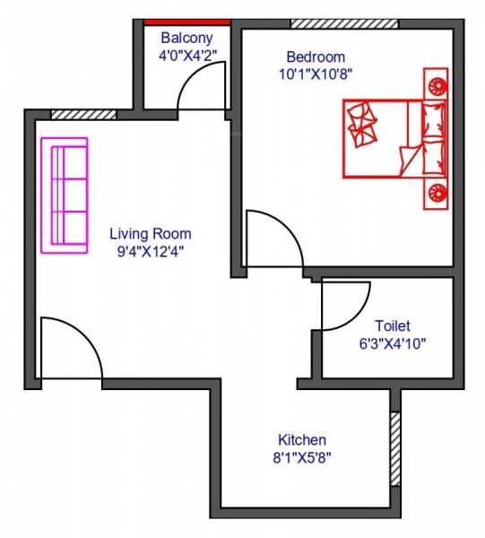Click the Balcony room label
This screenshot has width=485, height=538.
pos(186,38)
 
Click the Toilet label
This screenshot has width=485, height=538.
pos(393,325)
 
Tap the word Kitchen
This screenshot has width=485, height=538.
pos(301,440)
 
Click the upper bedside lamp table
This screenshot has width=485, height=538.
pos(437,86)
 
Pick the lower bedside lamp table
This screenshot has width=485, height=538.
pos(437,190)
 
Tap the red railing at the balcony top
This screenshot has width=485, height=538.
pos(186,22)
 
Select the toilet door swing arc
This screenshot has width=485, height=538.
pos(346,305)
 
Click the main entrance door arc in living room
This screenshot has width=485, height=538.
pos(72,348)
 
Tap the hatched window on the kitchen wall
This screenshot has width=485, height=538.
pos(394,448)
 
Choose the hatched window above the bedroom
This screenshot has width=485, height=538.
pos(332,22)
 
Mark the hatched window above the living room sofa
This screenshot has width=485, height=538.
pos(83,115)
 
